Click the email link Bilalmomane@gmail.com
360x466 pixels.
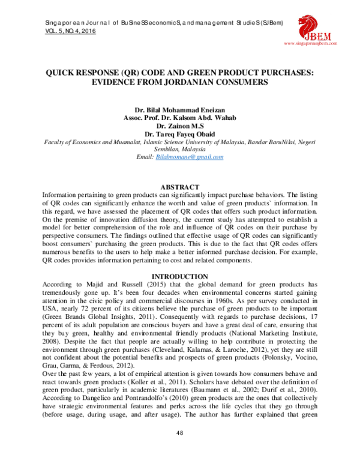click(x=189, y=157)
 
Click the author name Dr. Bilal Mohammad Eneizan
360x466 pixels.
click(x=180, y=111)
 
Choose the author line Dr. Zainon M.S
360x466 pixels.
click(x=180, y=126)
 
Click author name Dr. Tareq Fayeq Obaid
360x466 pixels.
click(x=180, y=134)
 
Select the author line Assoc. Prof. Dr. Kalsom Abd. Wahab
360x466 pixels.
click(x=180, y=119)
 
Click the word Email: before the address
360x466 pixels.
click(x=145, y=157)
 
